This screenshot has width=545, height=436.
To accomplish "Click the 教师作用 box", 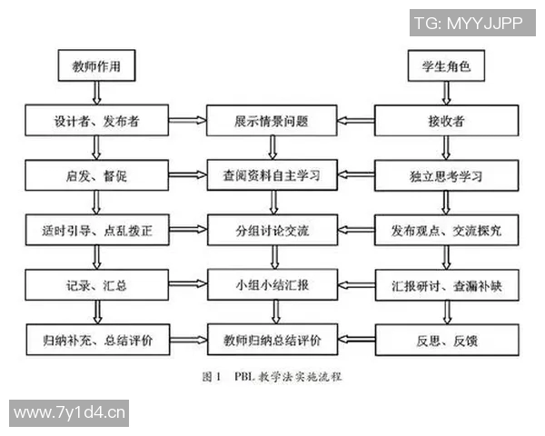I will (x=95, y=66).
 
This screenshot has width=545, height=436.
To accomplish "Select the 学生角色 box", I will (x=444, y=66).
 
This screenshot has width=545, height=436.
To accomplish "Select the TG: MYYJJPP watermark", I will (x=468, y=24).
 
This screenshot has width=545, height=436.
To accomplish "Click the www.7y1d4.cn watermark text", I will (x=69, y=413).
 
